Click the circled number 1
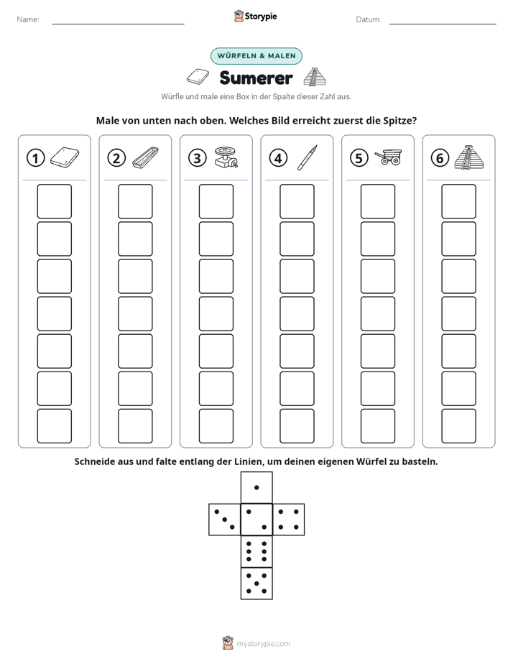[35, 158]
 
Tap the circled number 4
[278, 158]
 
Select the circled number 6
[440, 158]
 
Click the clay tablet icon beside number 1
[65, 157]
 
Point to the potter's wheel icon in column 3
[226, 157]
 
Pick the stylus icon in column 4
[308, 157]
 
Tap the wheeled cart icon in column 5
[388, 157]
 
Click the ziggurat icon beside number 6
[469, 157]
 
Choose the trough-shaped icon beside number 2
[146, 157]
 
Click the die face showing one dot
[256, 488]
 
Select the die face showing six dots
[256, 551]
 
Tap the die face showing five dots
[256, 584]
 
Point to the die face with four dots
[289, 520]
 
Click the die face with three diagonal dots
[225, 520]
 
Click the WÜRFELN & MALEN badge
[256, 56]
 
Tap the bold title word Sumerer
[256, 78]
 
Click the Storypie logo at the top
[255, 16]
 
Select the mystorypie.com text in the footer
[263, 644]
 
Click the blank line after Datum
[443, 24]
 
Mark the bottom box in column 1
[54, 426]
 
